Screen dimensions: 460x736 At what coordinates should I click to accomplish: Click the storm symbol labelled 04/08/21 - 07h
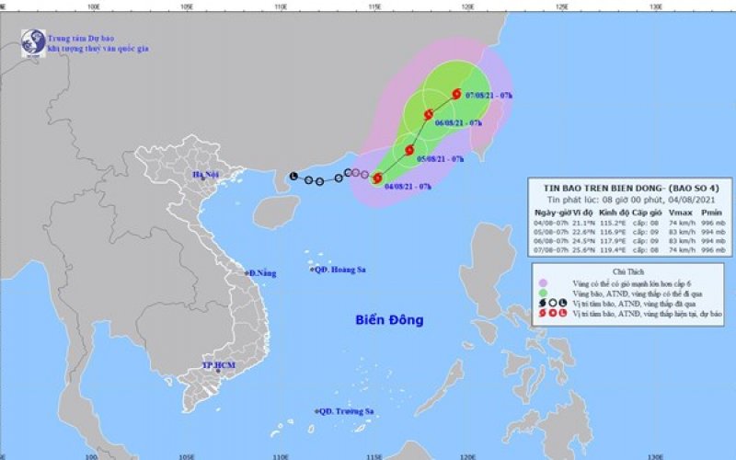tap(376, 178)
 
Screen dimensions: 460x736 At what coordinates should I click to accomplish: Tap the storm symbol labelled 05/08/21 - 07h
tap(409, 149)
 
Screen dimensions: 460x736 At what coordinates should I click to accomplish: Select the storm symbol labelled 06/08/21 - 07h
tap(428, 114)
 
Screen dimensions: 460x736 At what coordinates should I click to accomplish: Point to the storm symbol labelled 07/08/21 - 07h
tap(455, 93)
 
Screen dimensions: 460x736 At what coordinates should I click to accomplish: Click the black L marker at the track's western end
tap(293, 176)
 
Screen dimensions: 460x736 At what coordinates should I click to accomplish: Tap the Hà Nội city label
tap(204, 175)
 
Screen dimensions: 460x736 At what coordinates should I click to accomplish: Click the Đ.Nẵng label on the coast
tap(261, 273)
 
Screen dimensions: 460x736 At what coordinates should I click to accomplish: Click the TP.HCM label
tap(215, 366)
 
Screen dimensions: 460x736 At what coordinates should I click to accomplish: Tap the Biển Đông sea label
tap(390, 320)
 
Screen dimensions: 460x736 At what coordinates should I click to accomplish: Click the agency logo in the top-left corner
tap(34, 42)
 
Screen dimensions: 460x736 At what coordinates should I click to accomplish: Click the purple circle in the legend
tap(544, 282)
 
